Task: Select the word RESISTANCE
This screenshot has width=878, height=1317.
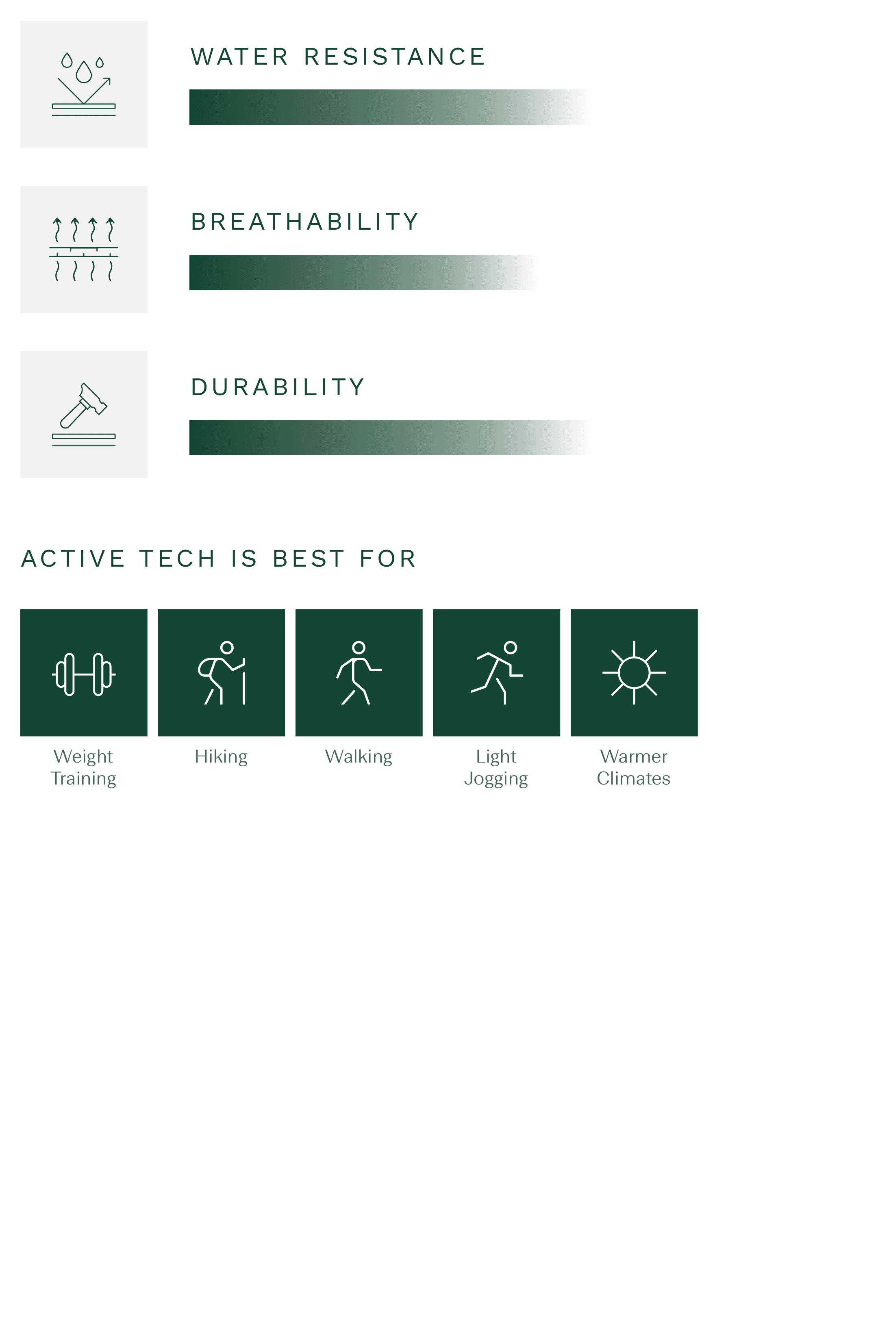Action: pyautogui.click(x=394, y=57)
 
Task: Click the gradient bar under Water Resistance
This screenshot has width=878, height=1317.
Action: pyautogui.click(x=390, y=107)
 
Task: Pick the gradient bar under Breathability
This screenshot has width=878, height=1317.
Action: pyautogui.click(x=364, y=272)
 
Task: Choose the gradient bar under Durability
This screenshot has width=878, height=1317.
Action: pyautogui.click(x=390, y=437)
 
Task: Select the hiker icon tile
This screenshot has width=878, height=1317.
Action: pyautogui.click(x=221, y=672)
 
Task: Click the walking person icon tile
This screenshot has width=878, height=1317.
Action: pyautogui.click(x=359, y=672)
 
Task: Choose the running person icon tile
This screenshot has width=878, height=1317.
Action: pyautogui.click(x=497, y=672)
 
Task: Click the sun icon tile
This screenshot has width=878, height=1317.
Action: pyautogui.click(x=634, y=672)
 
